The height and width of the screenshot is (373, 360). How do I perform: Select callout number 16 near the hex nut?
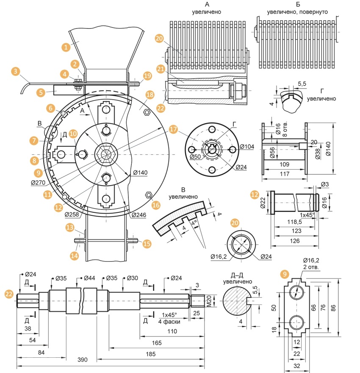156,205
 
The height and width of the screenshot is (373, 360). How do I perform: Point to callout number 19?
147,76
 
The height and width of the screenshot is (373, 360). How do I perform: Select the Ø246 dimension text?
139,215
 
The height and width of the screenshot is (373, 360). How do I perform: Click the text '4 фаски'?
169,321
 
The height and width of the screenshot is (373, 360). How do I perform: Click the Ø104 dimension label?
247,147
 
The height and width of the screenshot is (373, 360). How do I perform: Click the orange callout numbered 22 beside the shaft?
8,293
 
